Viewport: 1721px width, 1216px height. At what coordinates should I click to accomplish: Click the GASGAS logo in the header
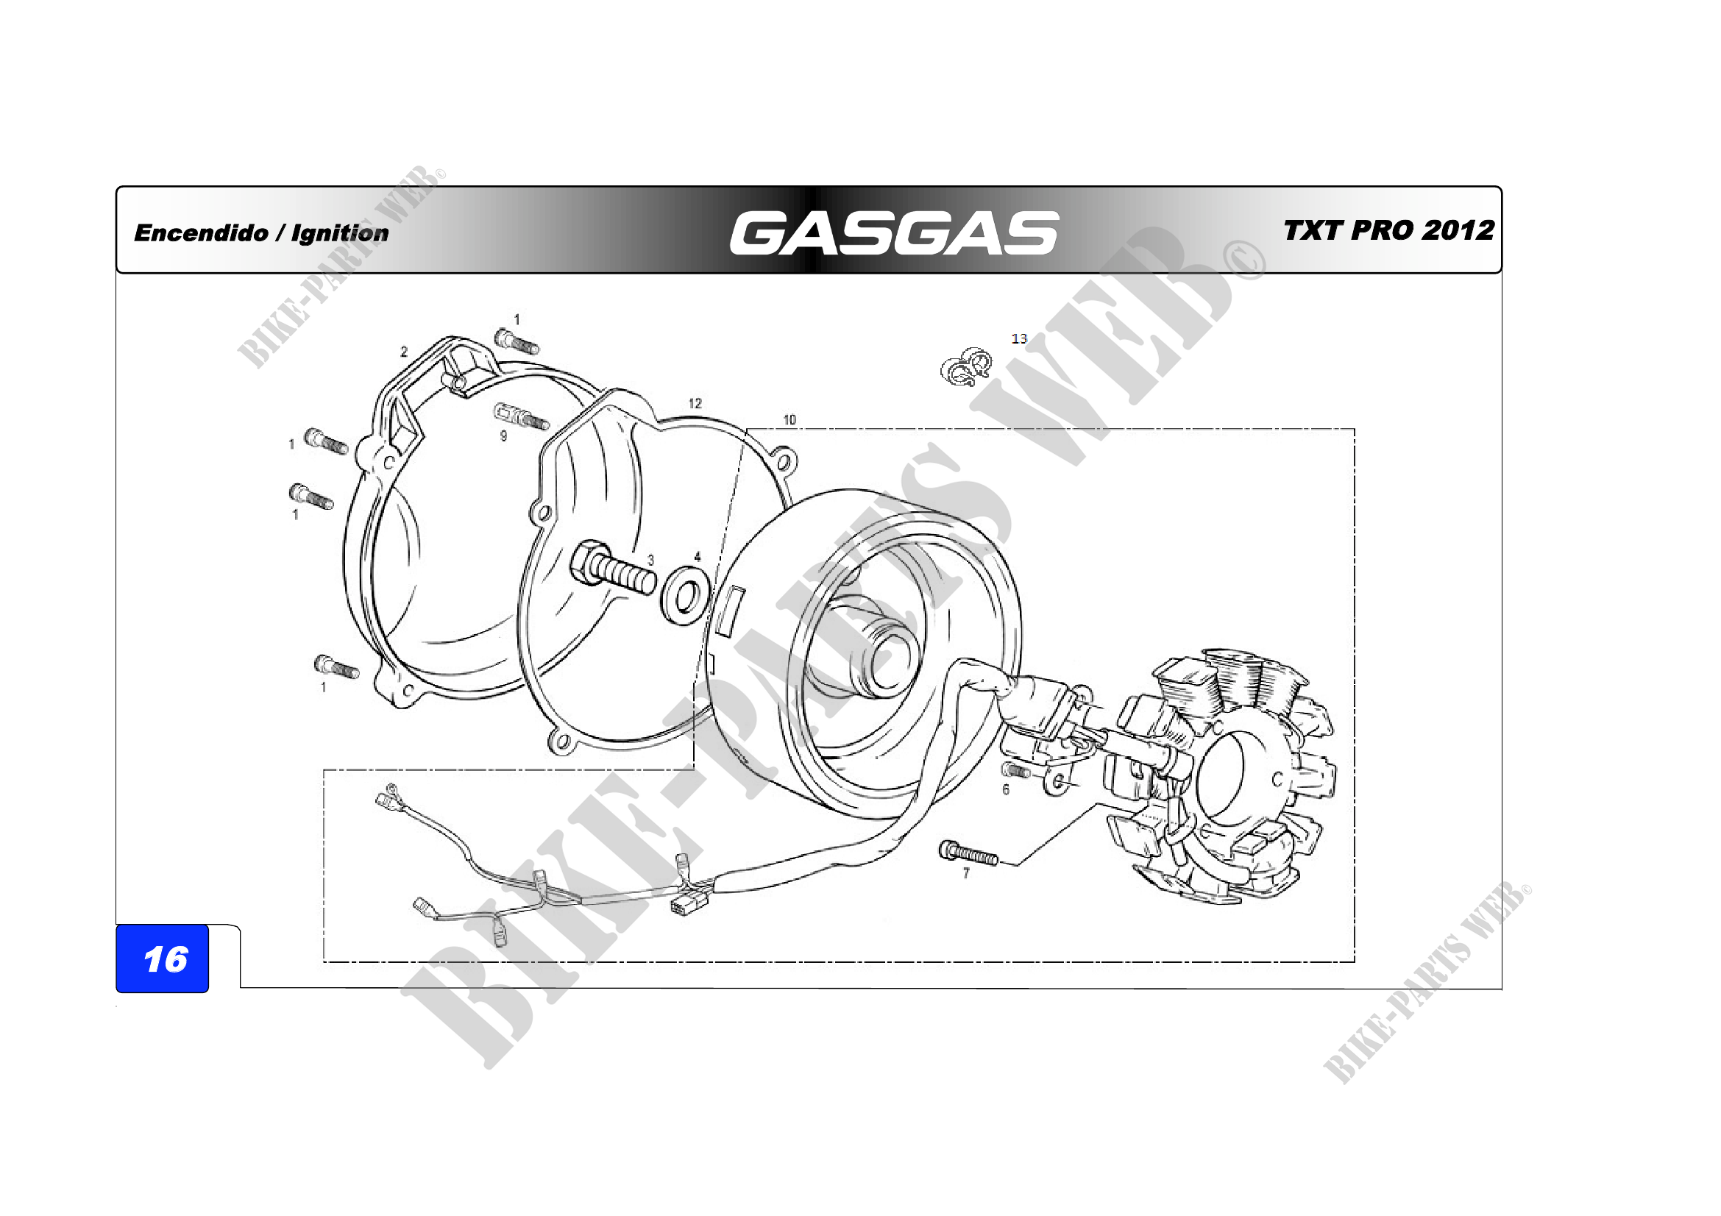click(x=893, y=232)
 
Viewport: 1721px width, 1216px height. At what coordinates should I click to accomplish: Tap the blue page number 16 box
click(x=163, y=959)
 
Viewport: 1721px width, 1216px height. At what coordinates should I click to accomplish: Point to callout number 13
click(x=1018, y=338)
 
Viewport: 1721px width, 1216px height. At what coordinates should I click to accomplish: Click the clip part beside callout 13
click(x=966, y=366)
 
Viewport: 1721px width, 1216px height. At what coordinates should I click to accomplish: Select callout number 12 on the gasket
click(x=695, y=403)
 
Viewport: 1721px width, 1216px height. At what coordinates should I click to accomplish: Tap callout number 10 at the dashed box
click(x=789, y=419)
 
